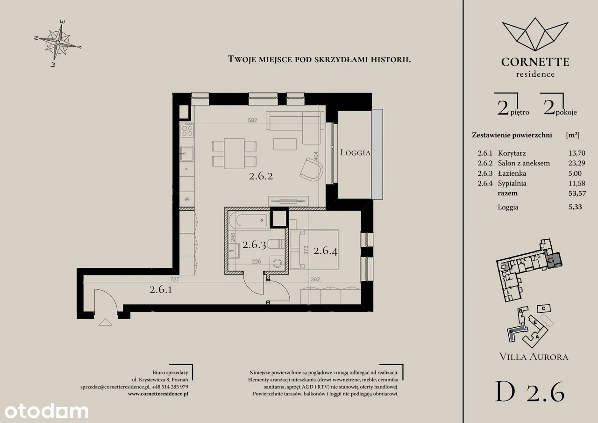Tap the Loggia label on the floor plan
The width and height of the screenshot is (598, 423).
pos(356,152)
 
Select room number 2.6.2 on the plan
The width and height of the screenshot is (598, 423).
pos(261,176)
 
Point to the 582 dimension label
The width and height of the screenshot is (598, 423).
pos(252,121)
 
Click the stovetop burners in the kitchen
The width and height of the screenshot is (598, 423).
pos(187,130)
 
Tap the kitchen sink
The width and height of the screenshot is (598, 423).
pos(186,154)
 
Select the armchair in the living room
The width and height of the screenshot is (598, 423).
pos(311,170)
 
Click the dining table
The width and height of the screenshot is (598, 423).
pos(234,154)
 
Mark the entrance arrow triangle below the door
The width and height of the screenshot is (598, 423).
pos(106,323)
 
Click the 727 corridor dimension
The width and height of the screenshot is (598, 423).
pos(175,280)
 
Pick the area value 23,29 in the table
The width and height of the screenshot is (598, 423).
pos(577,163)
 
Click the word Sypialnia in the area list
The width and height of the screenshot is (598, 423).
pos(512,184)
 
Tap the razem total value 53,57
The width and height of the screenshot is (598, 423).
pos(577,193)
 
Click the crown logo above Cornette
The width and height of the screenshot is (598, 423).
pos(535,35)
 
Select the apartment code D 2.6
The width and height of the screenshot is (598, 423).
pos(530,392)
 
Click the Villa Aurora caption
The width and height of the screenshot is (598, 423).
pos(534,357)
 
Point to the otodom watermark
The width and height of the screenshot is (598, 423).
pos(46,411)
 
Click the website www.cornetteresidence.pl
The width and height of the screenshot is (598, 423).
pos(158,394)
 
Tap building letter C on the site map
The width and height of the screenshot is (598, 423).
pos(543,308)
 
